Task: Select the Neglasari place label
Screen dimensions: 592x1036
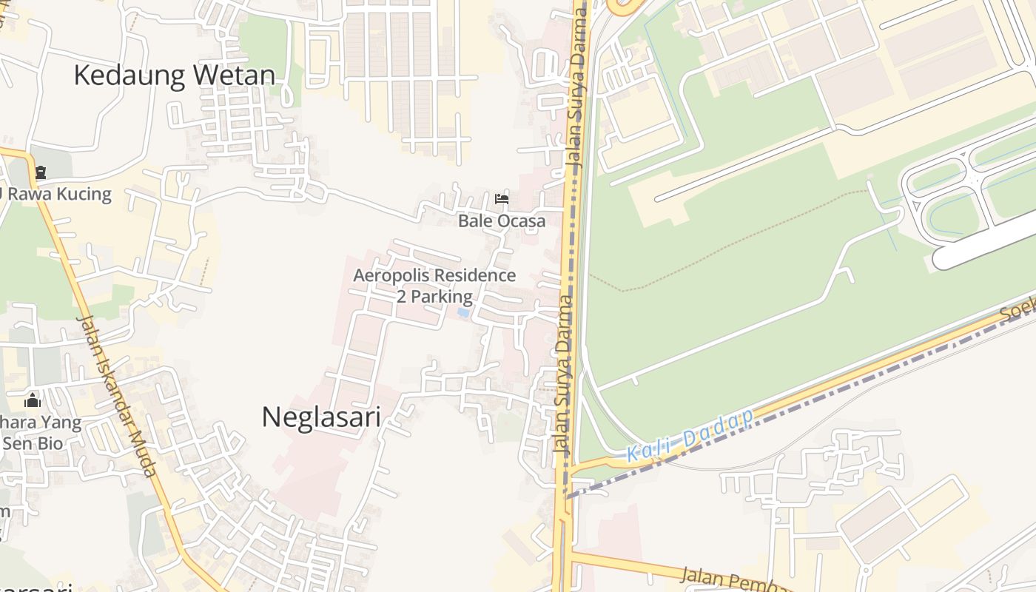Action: [321, 417]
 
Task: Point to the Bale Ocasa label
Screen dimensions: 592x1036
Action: [501, 221]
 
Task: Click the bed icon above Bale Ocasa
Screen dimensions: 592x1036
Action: [502, 198]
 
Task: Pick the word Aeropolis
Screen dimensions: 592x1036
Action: [391, 276]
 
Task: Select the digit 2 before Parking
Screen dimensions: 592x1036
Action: [402, 297]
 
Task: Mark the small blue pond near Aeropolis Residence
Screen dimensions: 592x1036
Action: [463, 313]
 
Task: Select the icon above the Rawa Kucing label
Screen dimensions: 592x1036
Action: [41, 173]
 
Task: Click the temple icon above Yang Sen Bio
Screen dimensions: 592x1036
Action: [33, 400]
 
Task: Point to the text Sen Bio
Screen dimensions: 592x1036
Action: [33, 444]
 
